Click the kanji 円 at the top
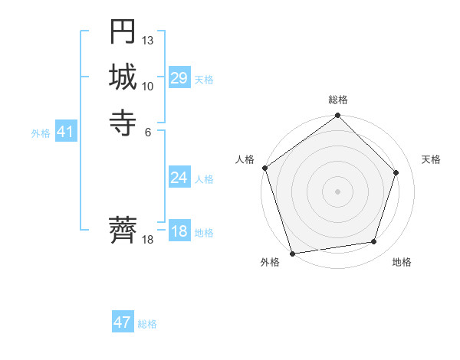(123, 32)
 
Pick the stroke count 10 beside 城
(148, 86)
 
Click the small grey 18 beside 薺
(148, 241)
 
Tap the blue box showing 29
(179, 78)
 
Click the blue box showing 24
(179, 178)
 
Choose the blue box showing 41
(65, 133)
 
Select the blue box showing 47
(123, 322)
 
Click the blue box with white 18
(179, 232)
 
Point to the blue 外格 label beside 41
(41, 133)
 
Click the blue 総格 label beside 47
(147, 324)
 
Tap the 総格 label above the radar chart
(338, 100)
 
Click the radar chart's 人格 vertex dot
(265, 168)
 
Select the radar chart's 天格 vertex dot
(396, 172)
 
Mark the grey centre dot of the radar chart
(338, 191)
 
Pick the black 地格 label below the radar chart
(402, 263)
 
